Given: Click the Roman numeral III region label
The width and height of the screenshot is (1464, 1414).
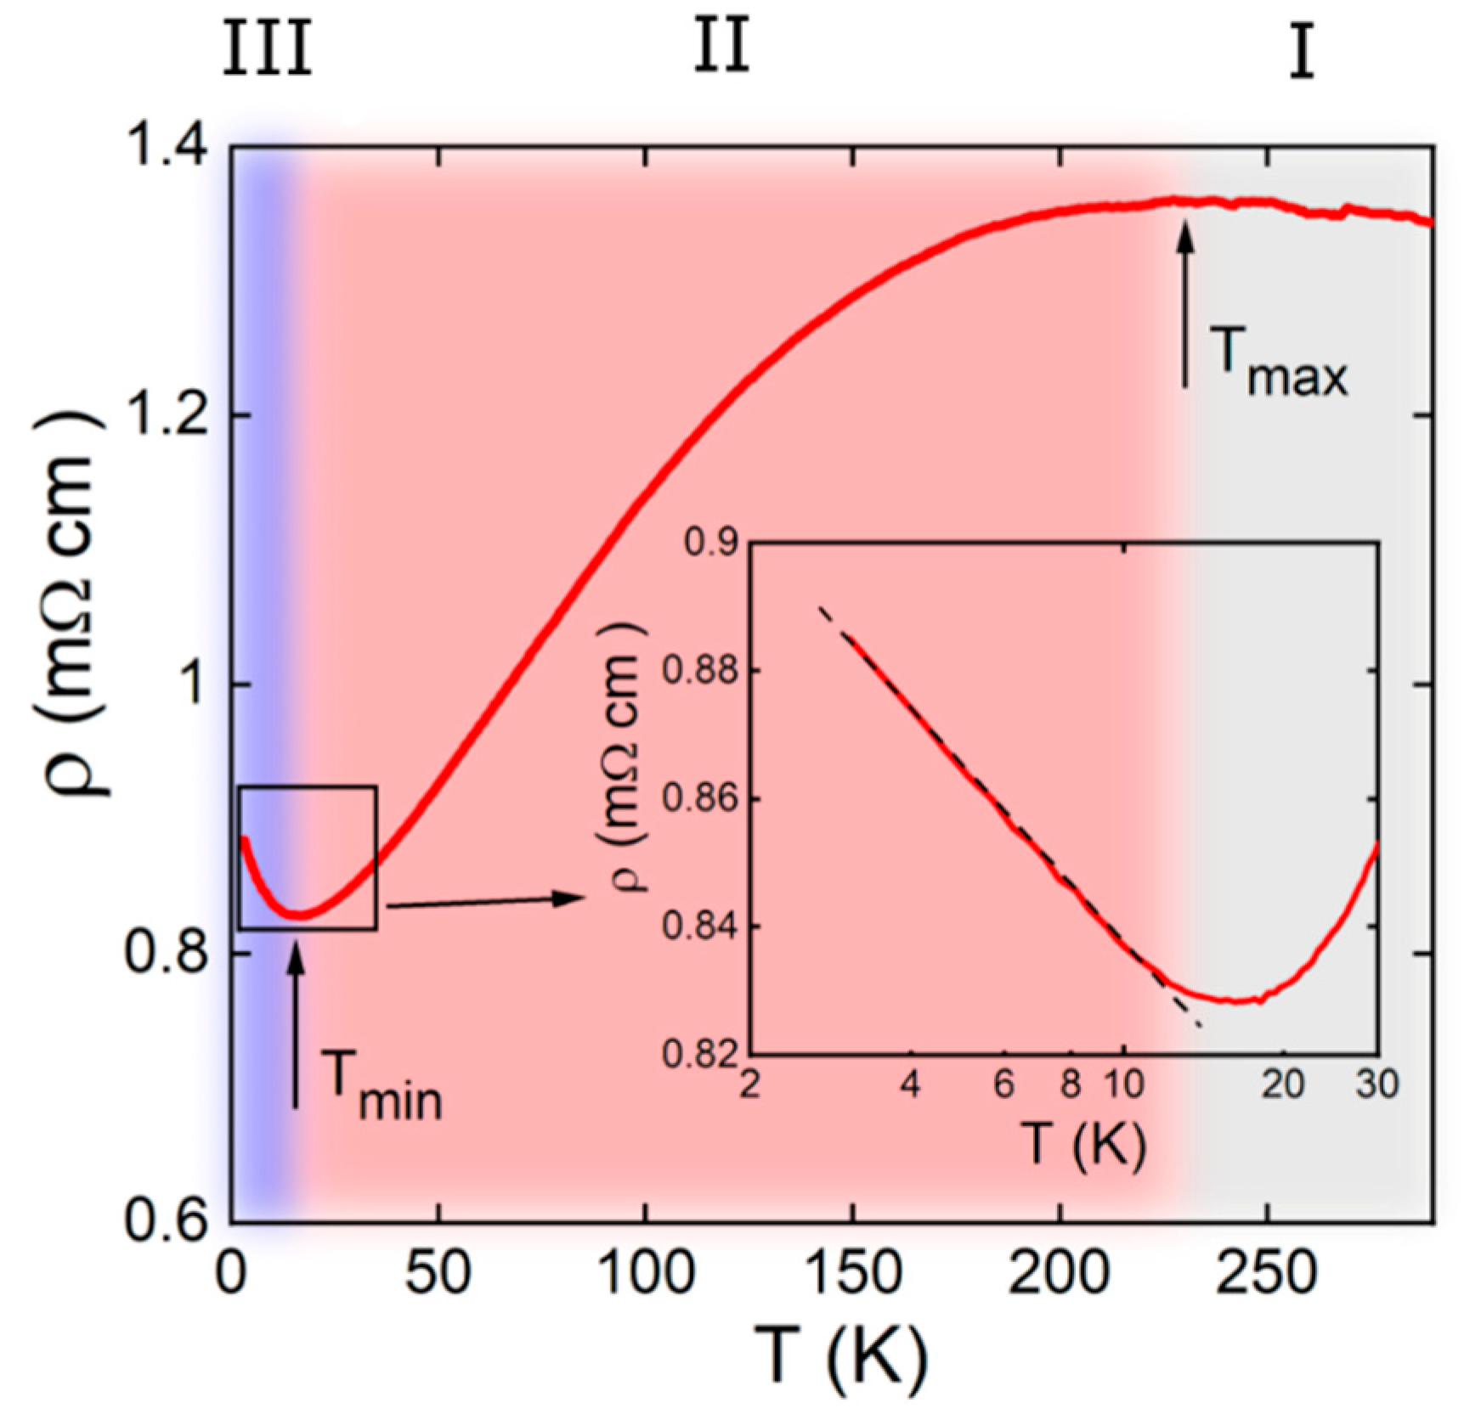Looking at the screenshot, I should pyautogui.click(x=268, y=48).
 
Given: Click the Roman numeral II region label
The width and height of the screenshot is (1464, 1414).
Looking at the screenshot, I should pyautogui.click(x=721, y=47).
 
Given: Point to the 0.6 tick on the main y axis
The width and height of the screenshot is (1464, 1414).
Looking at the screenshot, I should pyautogui.click(x=167, y=1221).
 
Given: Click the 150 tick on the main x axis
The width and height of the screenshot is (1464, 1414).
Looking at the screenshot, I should pyautogui.click(x=852, y=1275).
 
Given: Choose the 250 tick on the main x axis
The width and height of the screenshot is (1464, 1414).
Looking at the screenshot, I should pyautogui.click(x=1266, y=1275).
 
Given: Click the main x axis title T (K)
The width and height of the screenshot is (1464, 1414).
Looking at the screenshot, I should pyautogui.click(x=841, y=1356).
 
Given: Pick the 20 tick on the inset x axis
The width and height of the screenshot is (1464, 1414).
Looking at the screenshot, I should pyautogui.click(x=1282, y=1084).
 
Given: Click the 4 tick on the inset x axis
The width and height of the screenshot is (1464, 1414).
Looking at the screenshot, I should pyautogui.click(x=910, y=1084).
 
